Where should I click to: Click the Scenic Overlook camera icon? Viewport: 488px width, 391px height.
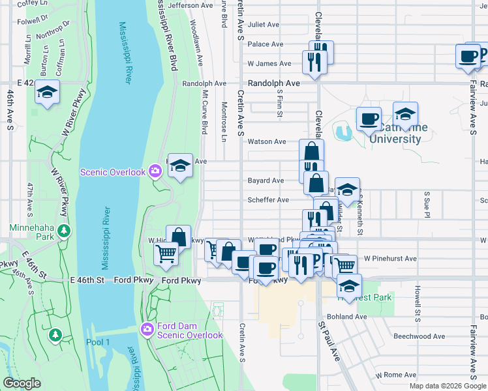point(155,171)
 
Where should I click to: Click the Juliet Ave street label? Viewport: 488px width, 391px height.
point(264,25)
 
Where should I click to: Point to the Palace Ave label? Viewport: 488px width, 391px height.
point(265,44)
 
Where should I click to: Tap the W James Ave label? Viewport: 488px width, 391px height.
point(269,64)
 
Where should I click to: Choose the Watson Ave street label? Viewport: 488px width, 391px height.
point(266,141)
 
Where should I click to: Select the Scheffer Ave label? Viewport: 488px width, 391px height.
point(267,200)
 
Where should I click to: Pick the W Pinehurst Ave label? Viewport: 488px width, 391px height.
point(390,259)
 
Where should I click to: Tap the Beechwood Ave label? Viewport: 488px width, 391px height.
point(419,336)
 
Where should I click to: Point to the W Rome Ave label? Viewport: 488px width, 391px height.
point(395,375)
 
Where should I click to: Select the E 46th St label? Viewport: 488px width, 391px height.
point(87,280)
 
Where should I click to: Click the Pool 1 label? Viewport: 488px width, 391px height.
point(98,342)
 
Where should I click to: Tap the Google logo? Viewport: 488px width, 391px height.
point(22,383)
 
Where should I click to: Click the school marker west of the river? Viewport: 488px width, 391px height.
point(47,93)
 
